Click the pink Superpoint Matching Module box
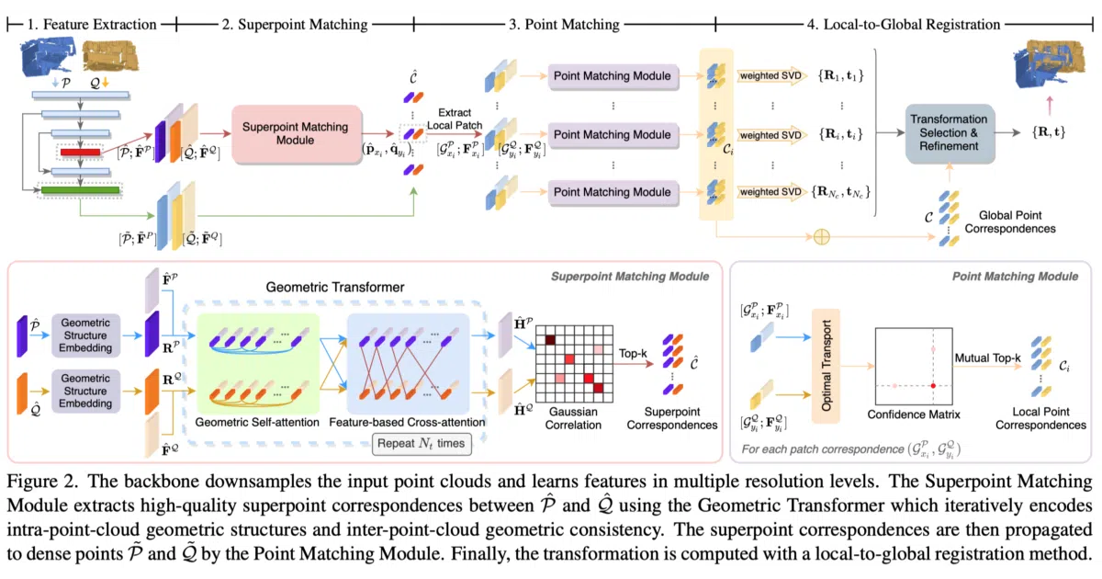[297, 134]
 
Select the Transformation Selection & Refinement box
[949, 133]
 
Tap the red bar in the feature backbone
[80, 153]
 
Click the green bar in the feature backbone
[80, 190]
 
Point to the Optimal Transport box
[826, 366]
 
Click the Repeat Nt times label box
[422, 444]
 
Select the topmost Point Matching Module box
[613, 75]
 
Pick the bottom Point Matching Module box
[613, 192]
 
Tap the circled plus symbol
[822, 237]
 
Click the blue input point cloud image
[48, 56]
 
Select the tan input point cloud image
[110, 56]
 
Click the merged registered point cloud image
[1049, 64]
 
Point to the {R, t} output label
[1049, 132]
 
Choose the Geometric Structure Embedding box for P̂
[85, 335]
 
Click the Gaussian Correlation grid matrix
[574, 364]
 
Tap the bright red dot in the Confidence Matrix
[933, 385]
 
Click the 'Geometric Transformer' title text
[335, 287]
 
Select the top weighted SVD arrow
[771, 75]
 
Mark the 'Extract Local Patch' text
[455, 119]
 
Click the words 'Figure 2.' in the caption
[42, 482]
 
